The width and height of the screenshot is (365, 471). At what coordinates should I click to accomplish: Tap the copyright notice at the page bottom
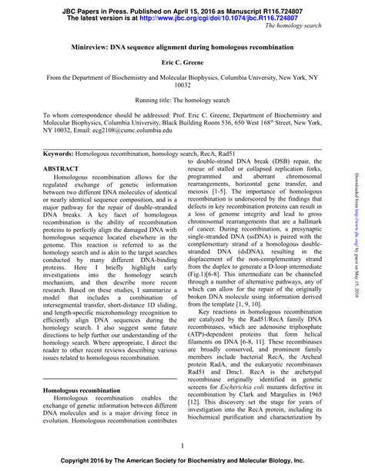tap(182, 463)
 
